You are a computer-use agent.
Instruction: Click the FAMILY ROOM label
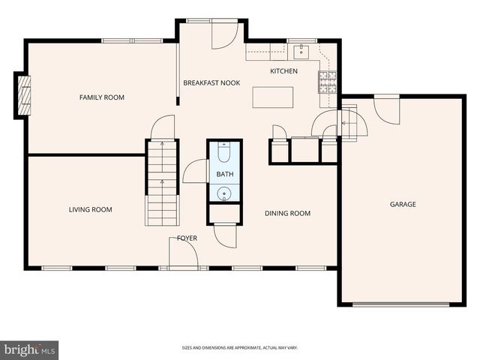coord(102,97)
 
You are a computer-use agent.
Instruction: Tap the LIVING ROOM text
coord(91,209)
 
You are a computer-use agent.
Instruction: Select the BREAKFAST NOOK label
coord(211,82)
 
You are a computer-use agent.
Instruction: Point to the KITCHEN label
coord(283,71)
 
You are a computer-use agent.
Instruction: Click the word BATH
coord(225,174)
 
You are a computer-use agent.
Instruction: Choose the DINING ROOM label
coord(287,213)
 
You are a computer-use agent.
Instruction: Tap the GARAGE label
coord(403,204)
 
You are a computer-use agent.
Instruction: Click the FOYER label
coord(187,238)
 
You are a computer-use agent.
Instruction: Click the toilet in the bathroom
coord(225,154)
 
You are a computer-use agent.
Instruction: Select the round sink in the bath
coord(225,193)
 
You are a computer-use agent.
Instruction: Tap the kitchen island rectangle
coord(272,97)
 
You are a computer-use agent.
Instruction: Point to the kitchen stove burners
coord(328,81)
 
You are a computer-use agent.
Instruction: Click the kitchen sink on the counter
coord(301,51)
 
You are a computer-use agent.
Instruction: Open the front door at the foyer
coord(183,255)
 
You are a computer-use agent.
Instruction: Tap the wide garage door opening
coord(400,304)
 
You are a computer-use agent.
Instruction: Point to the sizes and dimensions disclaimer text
coord(239,348)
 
